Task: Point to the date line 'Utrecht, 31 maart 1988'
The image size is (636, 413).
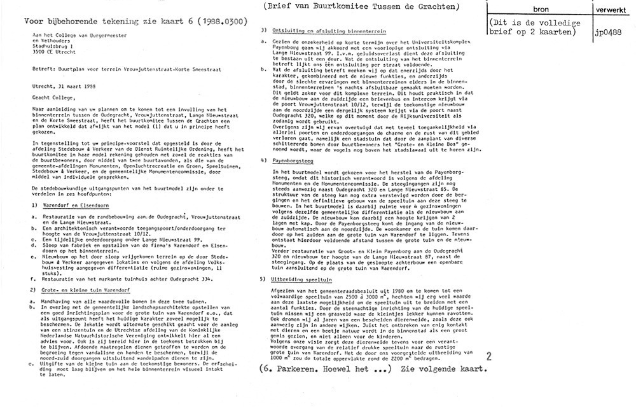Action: pyautogui.click(x=61, y=86)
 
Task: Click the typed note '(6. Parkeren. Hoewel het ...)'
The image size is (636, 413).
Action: pyautogui.click(x=325, y=369)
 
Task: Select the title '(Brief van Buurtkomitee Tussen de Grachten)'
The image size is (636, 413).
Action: pyautogui.click(x=359, y=7)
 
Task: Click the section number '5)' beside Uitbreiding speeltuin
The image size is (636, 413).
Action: pyautogui.click(x=264, y=280)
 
